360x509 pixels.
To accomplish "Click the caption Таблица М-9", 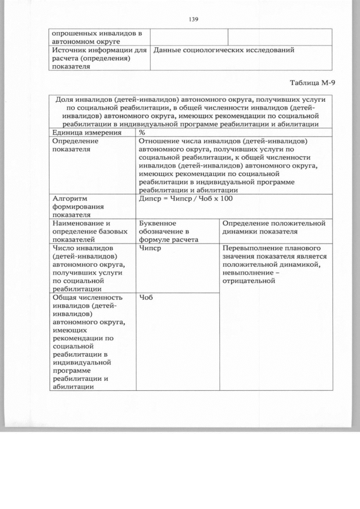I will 312,83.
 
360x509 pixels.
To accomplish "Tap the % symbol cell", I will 142,133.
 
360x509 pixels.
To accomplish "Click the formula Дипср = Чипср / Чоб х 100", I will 186,199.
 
